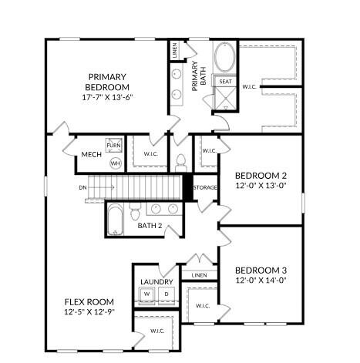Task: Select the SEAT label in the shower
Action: [225, 82]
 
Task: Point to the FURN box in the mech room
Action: [114, 146]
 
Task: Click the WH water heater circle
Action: [115, 163]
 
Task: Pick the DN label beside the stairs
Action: [82, 187]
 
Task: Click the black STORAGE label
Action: [205, 187]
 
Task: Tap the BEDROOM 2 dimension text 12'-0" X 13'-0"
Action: [261, 186]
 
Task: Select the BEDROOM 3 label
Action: [261, 271]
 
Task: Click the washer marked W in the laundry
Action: [146, 294]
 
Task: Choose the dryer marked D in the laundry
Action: [164, 294]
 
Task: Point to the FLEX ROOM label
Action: [89, 301]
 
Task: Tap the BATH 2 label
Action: [150, 226]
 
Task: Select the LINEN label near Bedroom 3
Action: [199, 275]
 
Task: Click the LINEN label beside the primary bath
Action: [175, 52]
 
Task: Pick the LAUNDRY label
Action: [156, 282]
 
